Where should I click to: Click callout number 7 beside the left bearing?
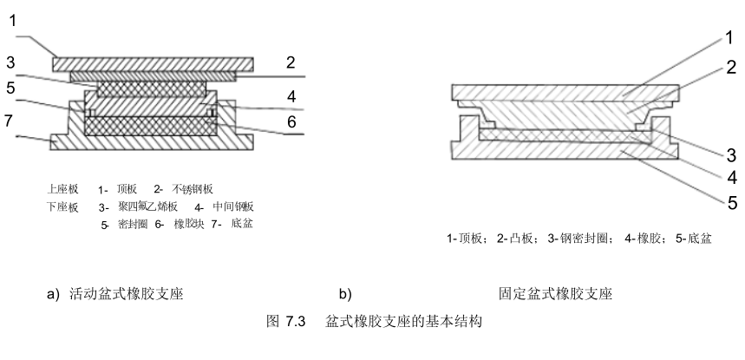click(10, 120)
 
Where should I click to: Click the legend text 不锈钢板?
click(192, 187)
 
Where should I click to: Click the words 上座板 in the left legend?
click(63, 187)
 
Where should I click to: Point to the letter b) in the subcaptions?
click(344, 294)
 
